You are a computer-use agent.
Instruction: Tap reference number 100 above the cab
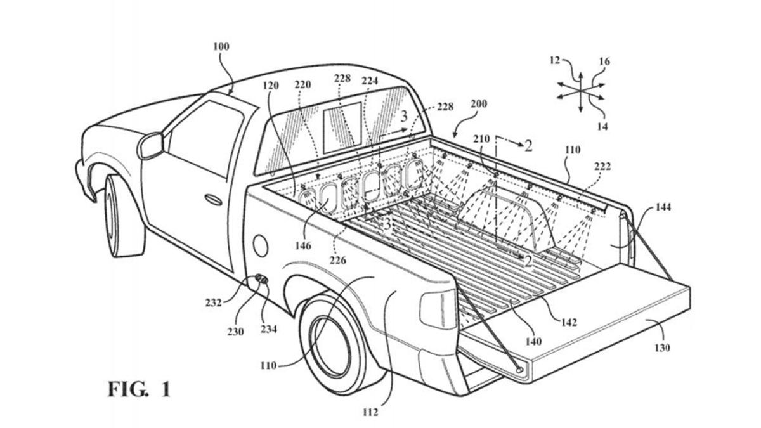click(221, 46)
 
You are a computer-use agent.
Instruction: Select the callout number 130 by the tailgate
click(660, 348)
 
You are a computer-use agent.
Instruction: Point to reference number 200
click(479, 104)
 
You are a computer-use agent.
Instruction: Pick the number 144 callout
click(664, 207)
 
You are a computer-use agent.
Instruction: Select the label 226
click(338, 259)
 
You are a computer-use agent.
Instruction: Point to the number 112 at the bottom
click(371, 412)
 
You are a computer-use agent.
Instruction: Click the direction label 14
click(602, 126)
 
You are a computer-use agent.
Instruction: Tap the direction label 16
click(604, 62)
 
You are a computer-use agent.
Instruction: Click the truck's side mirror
click(151, 145)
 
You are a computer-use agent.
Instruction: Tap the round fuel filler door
click(259, 243)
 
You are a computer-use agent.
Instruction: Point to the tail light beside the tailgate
click(438, 310)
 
